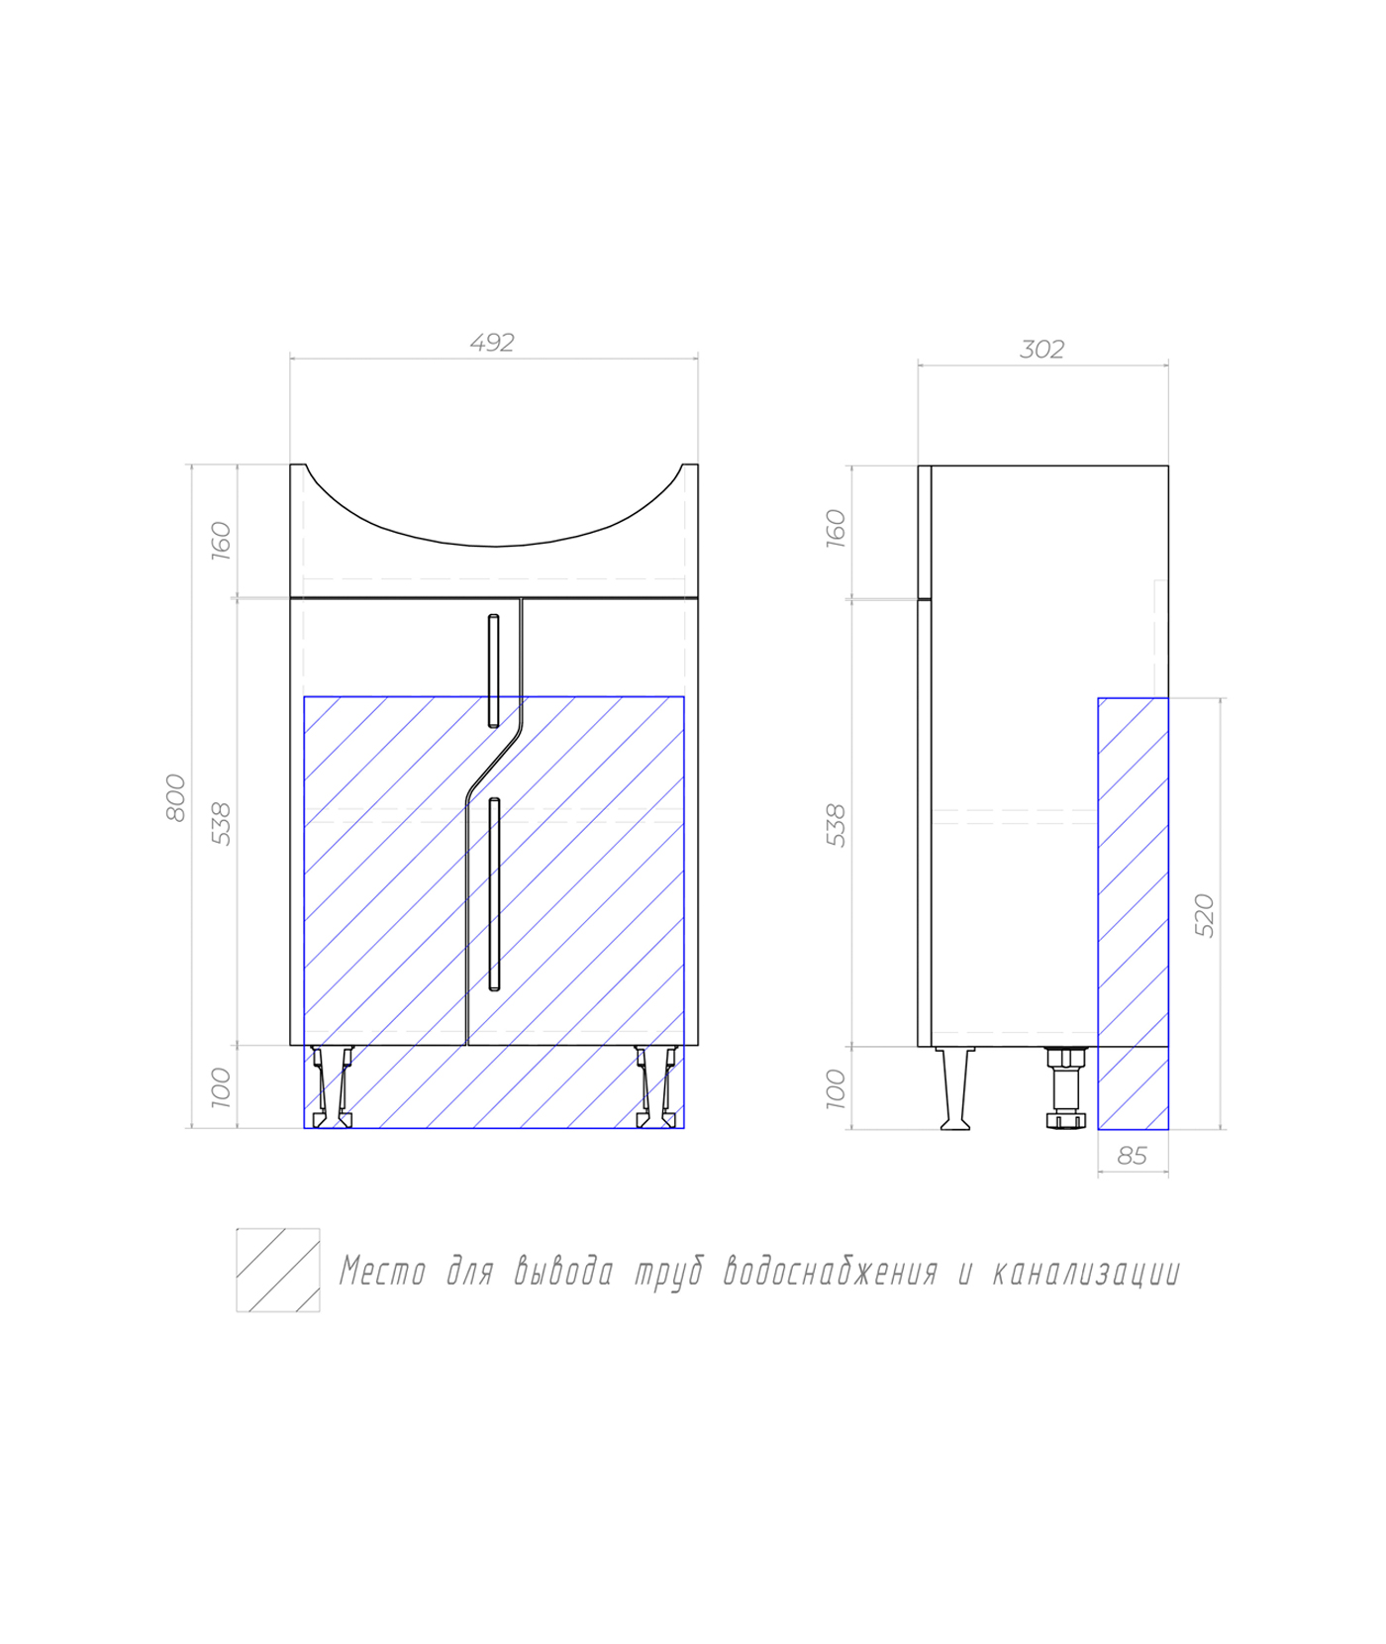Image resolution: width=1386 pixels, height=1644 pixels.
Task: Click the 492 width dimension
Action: click(492, 343)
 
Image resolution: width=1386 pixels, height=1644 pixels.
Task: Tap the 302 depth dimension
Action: click(1042, 350)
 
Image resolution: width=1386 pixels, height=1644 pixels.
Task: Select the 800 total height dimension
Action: click(176, 797)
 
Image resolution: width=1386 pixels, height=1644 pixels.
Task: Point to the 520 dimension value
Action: click(1204, 915)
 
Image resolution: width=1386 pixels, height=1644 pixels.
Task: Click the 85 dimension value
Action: click(1132, 1156)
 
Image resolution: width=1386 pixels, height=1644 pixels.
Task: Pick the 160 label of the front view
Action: click(221, 541)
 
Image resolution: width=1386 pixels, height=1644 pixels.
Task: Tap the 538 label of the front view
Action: click(222, 824)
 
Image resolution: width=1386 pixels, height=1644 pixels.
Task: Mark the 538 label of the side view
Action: click(837, 825)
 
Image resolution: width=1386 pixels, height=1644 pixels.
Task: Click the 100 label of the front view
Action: click(221, 1087)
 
